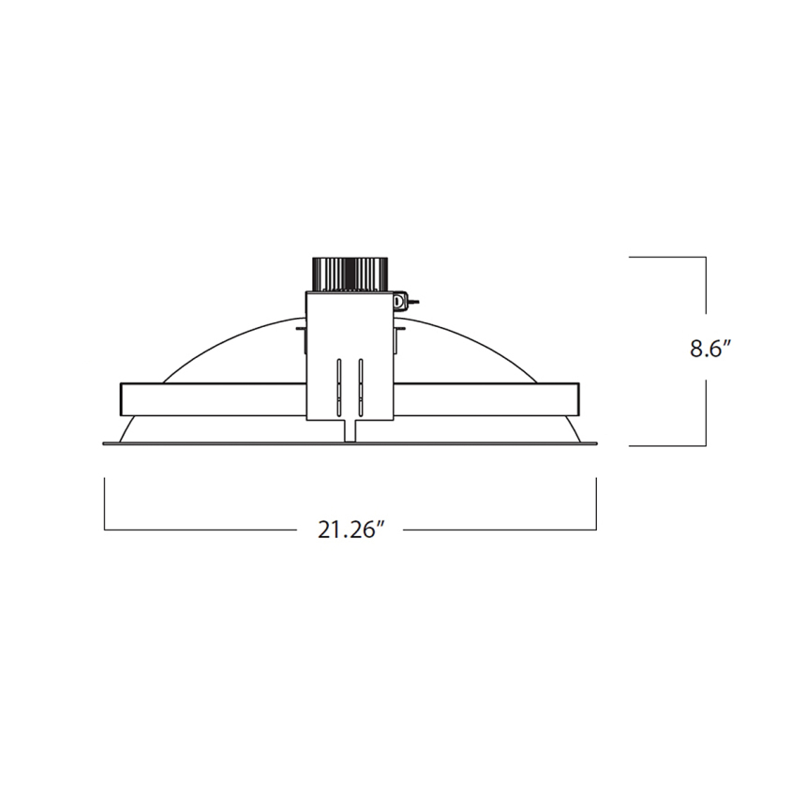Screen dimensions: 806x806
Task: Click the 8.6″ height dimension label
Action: coord(710,349)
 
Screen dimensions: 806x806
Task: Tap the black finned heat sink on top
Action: coord(348,273)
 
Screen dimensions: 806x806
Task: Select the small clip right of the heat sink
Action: coord(402,301)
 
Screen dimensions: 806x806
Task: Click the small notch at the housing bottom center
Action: coord(349,430)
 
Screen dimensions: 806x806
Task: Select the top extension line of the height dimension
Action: coord(666,257)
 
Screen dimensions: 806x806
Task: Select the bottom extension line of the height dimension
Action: coord(666,445)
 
